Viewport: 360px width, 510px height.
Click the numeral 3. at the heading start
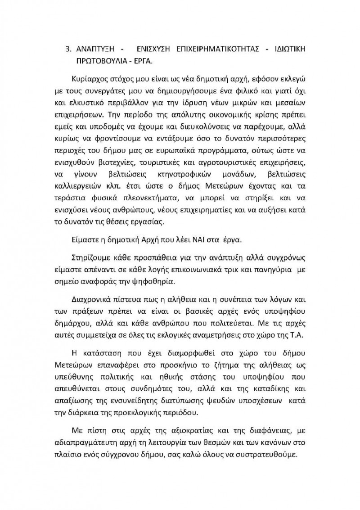pos(68,49)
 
